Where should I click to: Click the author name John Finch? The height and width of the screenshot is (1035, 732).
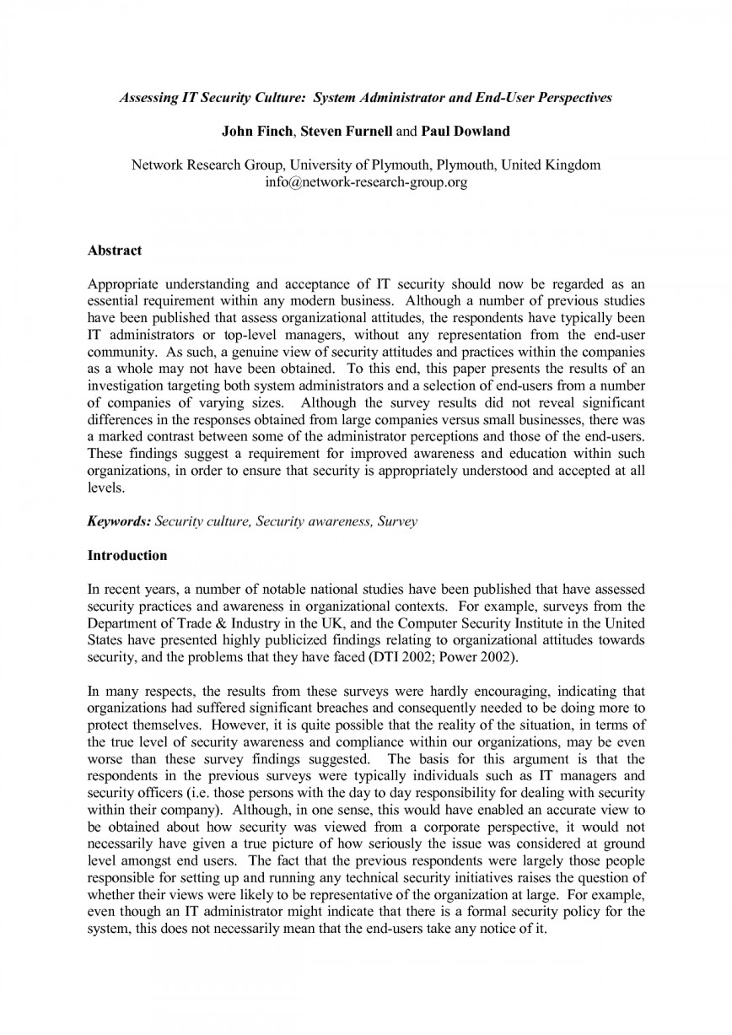tap(259, 132)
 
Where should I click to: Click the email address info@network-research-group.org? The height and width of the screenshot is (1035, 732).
tap(366, 181)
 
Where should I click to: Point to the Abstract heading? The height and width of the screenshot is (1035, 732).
tap(115, 251)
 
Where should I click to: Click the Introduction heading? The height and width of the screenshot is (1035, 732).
tap(127, 555)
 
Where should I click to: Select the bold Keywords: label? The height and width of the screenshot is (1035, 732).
tap(120, 521)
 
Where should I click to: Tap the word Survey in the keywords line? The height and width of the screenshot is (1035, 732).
tap(399, 521)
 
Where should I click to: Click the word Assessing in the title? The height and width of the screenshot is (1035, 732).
tap(148, 98)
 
